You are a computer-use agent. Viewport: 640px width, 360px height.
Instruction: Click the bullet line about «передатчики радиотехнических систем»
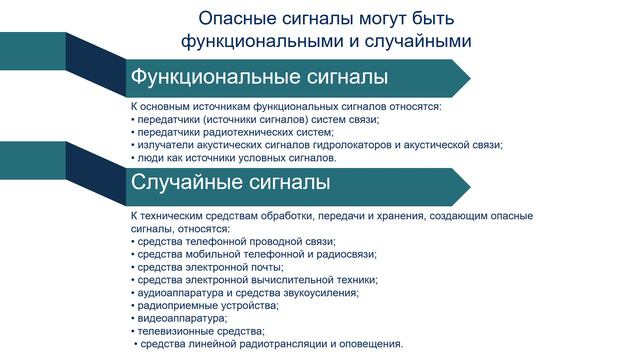tap(235, 132)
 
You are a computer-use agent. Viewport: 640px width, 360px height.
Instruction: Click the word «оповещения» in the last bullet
tap(369, 344)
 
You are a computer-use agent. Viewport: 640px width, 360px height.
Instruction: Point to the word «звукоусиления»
tap(323, 293)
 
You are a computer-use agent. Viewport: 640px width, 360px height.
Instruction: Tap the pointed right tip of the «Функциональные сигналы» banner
tap(469, 78)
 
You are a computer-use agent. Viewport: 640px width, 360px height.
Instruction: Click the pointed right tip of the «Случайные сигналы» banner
tap(469, 184)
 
